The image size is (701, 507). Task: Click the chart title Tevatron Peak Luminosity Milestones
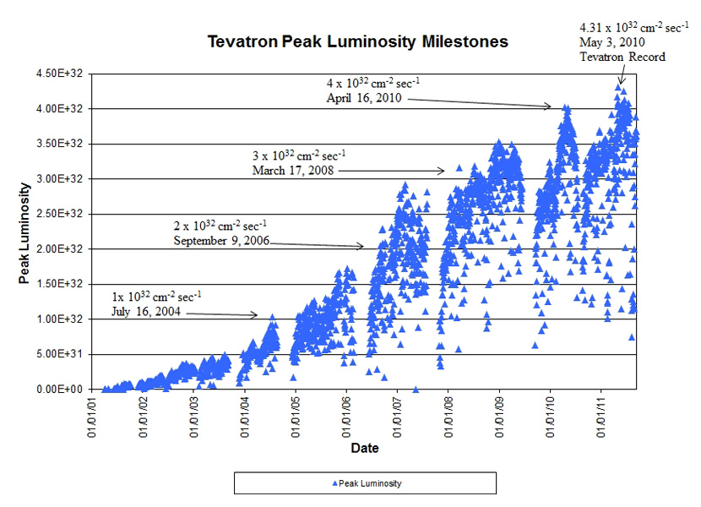[358, 41]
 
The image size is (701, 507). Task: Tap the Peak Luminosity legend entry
[365, 482]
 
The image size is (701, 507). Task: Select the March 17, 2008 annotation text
[293, 170]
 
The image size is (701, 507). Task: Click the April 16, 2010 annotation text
[364, 98]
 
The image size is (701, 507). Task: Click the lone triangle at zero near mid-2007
[416, 390]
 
